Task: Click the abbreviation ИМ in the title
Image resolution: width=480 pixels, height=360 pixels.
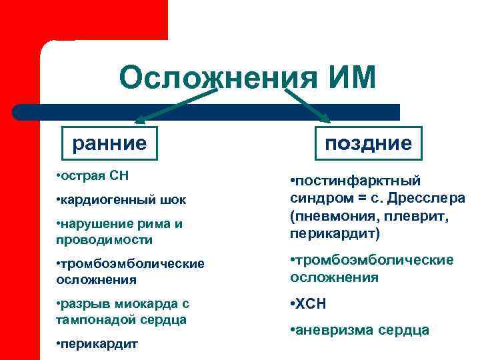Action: coord(347,78)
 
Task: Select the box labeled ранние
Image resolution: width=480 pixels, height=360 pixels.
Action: coord(109,143)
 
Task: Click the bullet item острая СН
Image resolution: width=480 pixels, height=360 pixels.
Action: coord(93,176)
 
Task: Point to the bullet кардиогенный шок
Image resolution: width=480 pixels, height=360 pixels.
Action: coord(121,199)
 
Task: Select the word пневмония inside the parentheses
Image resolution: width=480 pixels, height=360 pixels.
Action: coord(332,217)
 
